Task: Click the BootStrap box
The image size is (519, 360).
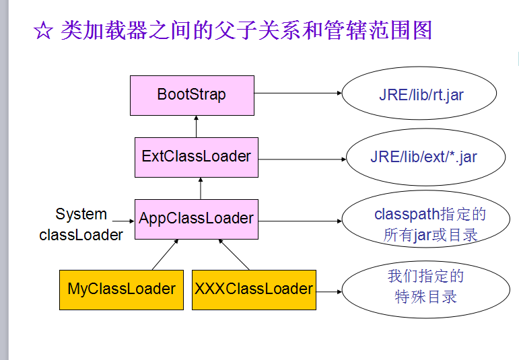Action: [192, 95]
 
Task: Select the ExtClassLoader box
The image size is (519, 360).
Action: [196, 157]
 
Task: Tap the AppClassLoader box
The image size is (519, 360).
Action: [196, 219]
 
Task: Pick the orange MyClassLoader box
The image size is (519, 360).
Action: [121, 289]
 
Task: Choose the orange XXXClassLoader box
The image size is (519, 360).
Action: [254, 289]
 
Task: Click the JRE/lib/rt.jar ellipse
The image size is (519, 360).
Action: [419, 94]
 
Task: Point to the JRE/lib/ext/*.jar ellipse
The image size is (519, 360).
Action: [423, 157]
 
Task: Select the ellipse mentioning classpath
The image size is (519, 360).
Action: [430, 225]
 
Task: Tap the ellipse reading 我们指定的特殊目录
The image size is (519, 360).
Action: [425, 286]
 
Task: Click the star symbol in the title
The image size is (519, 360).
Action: [43, 32]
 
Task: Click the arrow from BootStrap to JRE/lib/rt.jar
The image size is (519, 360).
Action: [298, 94]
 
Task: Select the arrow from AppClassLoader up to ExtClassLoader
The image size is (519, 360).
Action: [200, 188]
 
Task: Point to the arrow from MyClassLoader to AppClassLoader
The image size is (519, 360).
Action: [166, 254]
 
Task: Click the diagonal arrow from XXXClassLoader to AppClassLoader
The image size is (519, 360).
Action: [234, 254]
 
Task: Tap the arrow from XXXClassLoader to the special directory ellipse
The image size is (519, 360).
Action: [328, 291]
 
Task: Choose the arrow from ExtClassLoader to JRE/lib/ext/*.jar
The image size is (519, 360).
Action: [302, 159]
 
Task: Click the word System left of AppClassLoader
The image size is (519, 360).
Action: [81, 215]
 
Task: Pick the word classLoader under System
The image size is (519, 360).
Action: [81, 235]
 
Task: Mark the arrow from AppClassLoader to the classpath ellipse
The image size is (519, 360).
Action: [300, 220]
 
